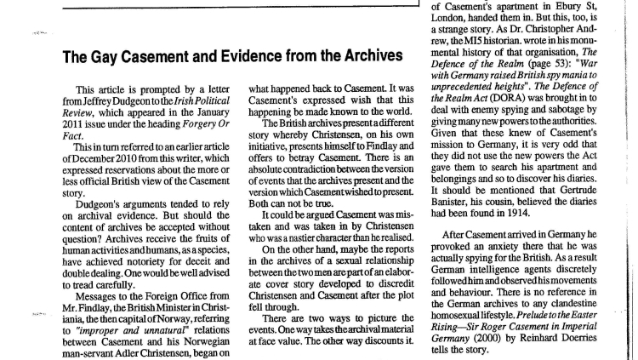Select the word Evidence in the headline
249,57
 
